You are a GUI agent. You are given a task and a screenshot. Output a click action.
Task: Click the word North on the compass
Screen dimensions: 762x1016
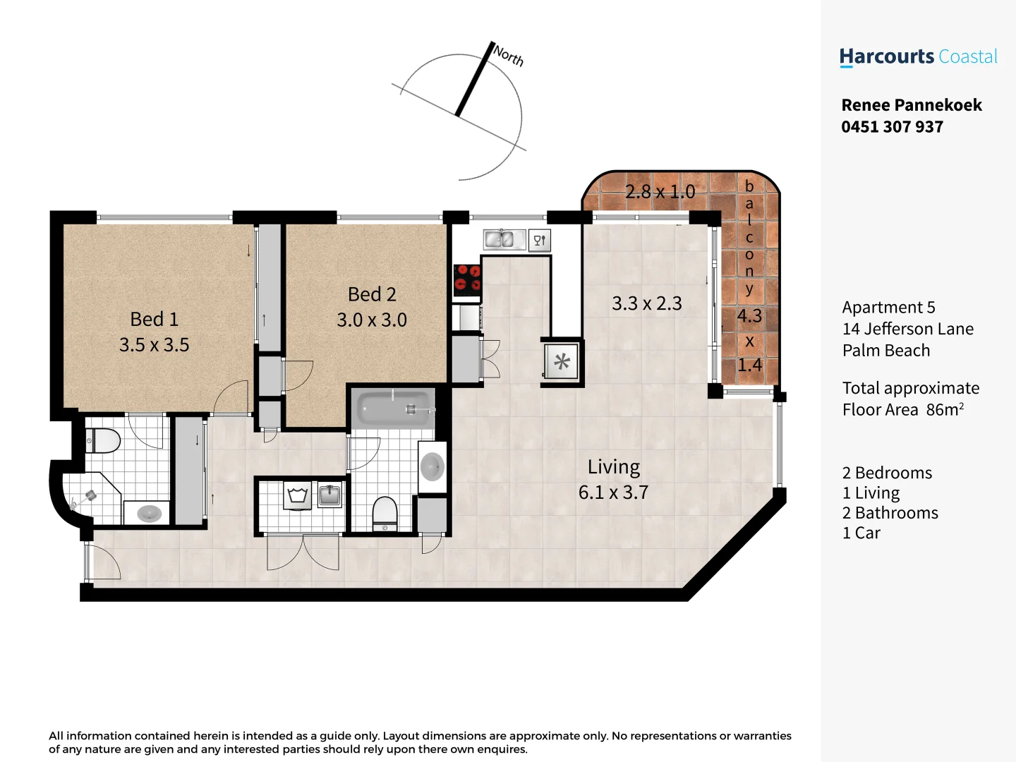509,55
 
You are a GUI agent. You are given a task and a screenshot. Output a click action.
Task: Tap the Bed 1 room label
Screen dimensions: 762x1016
154,319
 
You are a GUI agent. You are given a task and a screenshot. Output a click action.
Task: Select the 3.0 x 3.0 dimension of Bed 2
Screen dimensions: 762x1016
372,320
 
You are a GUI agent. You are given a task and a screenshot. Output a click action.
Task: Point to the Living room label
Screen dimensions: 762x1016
614,467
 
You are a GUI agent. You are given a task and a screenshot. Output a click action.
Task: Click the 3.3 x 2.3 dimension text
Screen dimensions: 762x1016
646,303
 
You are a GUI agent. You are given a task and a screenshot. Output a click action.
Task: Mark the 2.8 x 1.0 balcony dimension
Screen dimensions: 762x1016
660,192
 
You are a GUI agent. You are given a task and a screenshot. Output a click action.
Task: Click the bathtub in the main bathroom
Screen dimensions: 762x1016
394,409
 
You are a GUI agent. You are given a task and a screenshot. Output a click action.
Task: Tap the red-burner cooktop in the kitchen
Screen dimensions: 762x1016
467,278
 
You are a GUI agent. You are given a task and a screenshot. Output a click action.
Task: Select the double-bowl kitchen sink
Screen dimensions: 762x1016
504,240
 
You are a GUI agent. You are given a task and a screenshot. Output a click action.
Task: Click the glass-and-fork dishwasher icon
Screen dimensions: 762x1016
540,241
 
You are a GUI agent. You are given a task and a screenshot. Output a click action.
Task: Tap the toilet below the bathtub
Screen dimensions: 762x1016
385,513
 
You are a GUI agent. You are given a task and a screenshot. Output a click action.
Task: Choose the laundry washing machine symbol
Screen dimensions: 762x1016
298,495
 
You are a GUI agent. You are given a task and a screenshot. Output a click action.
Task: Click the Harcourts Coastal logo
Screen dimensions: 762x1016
918,57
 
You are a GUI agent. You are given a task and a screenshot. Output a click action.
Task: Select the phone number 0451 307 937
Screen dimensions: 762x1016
892,127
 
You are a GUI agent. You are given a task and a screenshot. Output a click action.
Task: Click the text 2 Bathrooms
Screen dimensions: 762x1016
890,513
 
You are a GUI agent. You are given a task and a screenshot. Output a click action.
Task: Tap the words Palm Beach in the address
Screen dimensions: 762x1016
885,351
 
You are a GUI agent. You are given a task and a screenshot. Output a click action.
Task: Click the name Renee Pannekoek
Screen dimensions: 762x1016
912,105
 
